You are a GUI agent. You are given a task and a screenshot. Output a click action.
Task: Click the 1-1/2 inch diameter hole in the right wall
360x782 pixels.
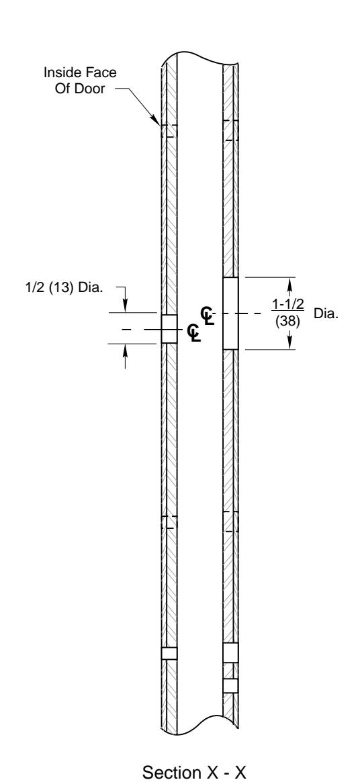[x=230, y=313]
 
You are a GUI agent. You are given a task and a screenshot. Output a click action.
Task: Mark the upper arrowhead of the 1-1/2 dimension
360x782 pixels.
[x=290, y=281]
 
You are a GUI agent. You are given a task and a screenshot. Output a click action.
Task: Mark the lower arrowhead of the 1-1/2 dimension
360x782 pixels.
[x=290, y=345]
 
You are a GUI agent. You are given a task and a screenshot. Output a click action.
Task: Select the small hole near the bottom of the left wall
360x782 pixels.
[x=169, y=653]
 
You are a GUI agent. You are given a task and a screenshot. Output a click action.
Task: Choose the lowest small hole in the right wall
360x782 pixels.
[x=230, y=685]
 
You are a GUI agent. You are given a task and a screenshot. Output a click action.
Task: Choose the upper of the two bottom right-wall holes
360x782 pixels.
[x=230, y=652]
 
